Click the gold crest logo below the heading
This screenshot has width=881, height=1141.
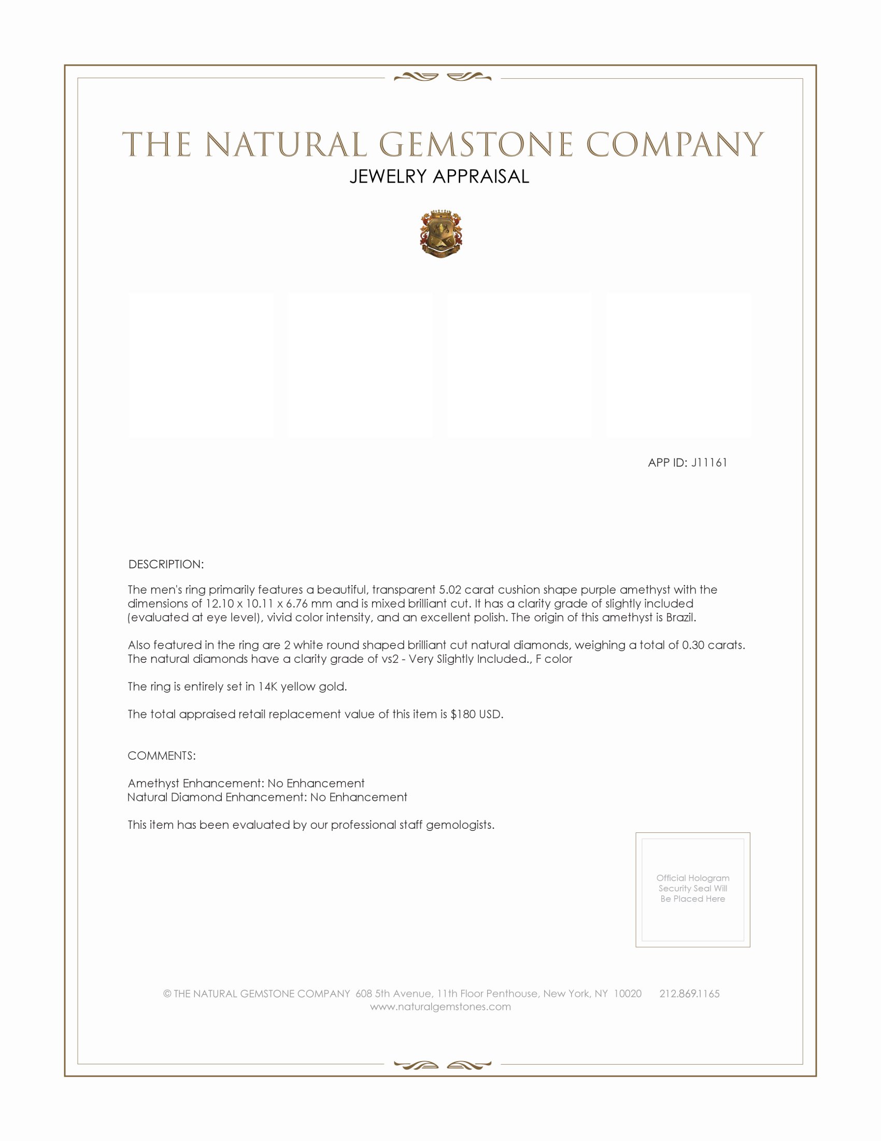pos(441,234)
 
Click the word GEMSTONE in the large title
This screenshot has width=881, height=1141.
pos(475,145)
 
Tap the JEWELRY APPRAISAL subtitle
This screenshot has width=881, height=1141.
pos(439,176)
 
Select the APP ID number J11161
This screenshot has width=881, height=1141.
pos(709,462)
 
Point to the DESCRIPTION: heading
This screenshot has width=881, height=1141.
pos(166,564)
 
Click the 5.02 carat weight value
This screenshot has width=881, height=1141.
pos(450,590)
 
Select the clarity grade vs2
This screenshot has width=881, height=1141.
pos(390,659)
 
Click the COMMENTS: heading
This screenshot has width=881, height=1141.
pos(162,756)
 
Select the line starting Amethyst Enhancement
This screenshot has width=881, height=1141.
pos(246,783)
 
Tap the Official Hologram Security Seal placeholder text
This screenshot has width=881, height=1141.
pos(692,888)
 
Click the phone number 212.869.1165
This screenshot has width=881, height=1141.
pos(689,994)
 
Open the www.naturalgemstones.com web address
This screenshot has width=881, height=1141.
pos(440,1007)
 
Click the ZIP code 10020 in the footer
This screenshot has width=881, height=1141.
pos(628,994)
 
